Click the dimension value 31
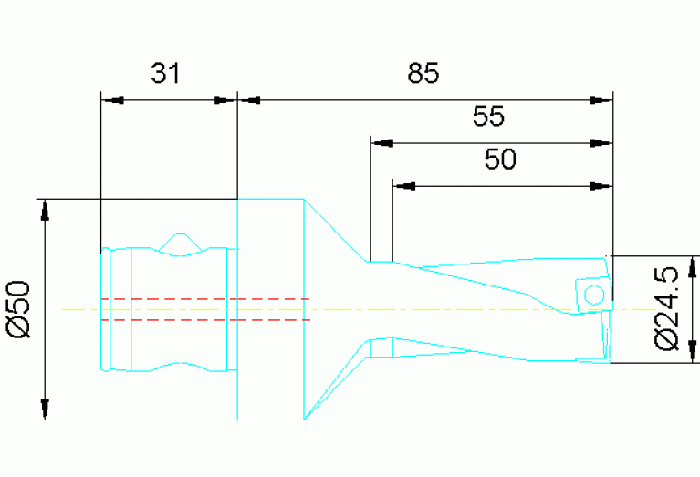click(x=165, y=73)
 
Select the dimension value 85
click(x=423, y=73)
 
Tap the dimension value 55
click(x=489, y=116)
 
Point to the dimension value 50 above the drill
click(x=500, y=159)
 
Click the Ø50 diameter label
click(x=19, y=309)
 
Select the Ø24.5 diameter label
click(x=666, y=309)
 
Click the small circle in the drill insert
click(x=594, y=295)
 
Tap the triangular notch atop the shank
click(x=180, y=243)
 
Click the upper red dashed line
click(x=205, y=298)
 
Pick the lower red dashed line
click(x=205, y=320)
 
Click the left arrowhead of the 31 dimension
click(x=112, y=100)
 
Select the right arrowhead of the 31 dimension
click(x=225, y=100)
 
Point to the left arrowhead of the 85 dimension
click(x=249, y=100)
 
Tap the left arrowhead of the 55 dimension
click(x=382, y=143)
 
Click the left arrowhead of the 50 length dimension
click(x=404, y=186)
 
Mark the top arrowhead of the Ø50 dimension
click(x=45, y=211)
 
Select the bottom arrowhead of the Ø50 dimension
click(x=45, y=409)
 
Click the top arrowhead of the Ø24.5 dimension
click(x=693, y=267)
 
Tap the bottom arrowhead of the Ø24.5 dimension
click(x=693, y=352)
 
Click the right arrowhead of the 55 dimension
click(x=601, y=143)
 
